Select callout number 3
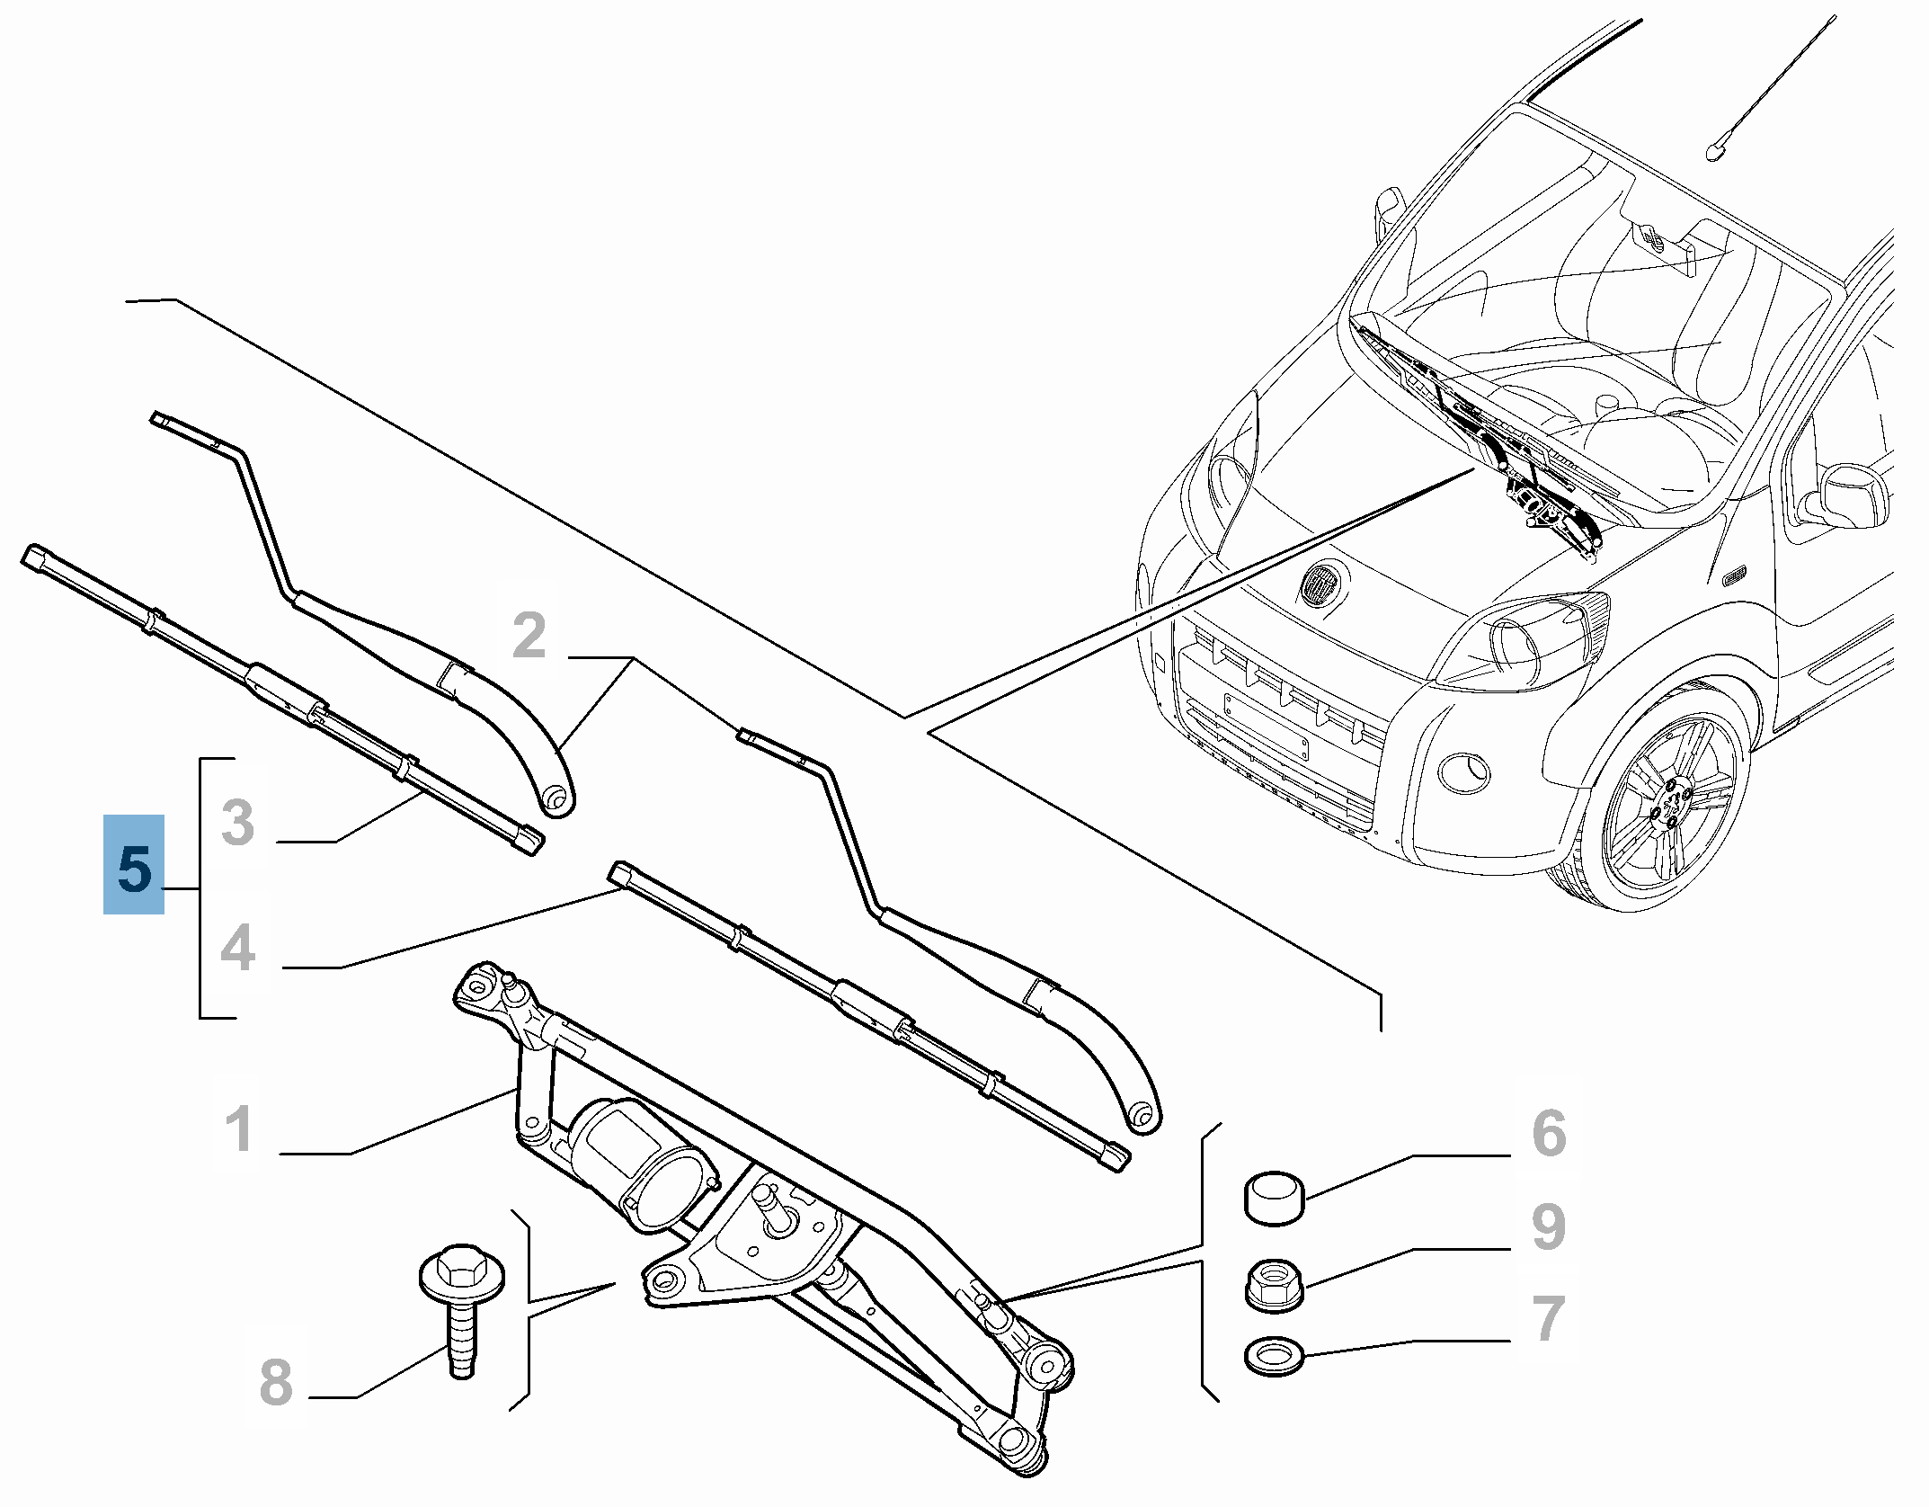(x=238, y=822)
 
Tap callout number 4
(x=238, y=948)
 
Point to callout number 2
(x=529, y=635)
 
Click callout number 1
(x=238, y=1128)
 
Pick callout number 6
(x=1549, y=1133)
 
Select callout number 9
(x=1549, y=1226)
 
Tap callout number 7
(x=1549, y=1318)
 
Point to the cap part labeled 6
(x=1274, y=1198)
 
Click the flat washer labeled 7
(x=1274, y=1356)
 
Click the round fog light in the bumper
(x=1462, y=773)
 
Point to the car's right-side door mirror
(x=1854, y=495)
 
